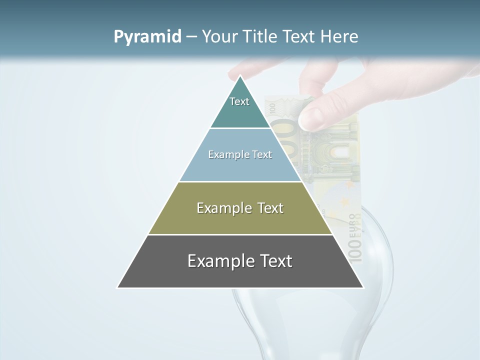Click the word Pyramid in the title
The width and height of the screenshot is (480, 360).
pos(147,37)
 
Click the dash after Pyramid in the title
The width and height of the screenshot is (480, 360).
pos(191,37)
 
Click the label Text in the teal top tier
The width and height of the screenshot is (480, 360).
pos(239,101)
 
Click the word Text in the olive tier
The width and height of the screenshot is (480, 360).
pos(270,208)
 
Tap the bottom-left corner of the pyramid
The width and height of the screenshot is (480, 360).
pos(118,287)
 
